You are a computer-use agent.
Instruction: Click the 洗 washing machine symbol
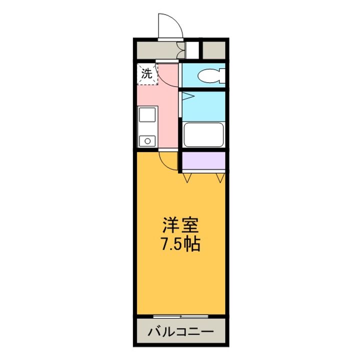coord(147,74)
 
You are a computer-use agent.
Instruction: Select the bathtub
coord(203,134)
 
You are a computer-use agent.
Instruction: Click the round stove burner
coord(148,141)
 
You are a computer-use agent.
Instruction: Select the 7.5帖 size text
coord(180,244)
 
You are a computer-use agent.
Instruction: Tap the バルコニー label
coord(180,331)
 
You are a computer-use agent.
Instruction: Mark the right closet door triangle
coord(219,176)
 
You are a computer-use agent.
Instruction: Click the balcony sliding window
coord(180,316)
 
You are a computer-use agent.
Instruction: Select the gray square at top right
coord(214,50)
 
